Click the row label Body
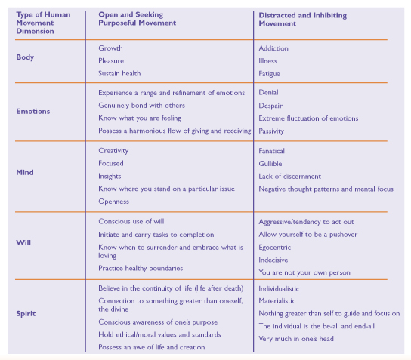coord(25,57)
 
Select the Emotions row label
coord(33,111)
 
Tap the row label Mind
coord(25,172)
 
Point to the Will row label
coord(23,243)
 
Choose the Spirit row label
coord(26,314)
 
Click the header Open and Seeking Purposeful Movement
coord(137,19)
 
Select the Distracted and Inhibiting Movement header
coord(303,20)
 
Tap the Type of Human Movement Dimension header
coord(43,23)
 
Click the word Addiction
coord(273,48)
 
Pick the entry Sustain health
coord(119,73)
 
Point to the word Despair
coord(270,106)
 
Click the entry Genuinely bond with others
coord(141,106)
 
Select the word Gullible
coord(270,164)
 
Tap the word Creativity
coord(113,151)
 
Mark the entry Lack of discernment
coord(289,177)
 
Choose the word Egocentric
coord(275,248)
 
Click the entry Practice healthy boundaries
coord(141,269)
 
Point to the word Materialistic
coord(277,301)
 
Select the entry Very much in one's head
coord(296,339)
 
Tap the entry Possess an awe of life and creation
coord(152,347)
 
